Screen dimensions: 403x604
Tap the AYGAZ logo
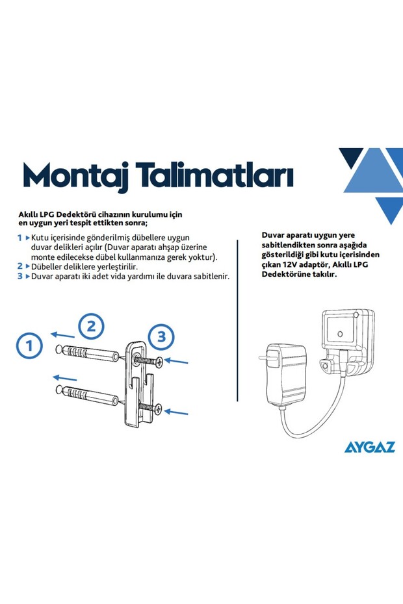pos(369,447)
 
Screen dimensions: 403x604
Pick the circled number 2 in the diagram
pos(91,326)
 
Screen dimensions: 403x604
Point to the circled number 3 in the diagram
pos(161,336)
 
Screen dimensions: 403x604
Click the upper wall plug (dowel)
pos(87,353)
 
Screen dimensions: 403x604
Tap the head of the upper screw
pos(159,361)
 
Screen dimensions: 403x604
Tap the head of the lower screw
pos(159,409)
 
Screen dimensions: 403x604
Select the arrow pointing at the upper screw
pos(176,361)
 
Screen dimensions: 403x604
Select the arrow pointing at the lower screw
pos(176,412)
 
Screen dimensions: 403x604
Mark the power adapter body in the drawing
pos(286,373)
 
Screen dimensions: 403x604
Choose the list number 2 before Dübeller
pos(20,266)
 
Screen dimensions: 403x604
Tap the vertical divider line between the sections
pos(237,320)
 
